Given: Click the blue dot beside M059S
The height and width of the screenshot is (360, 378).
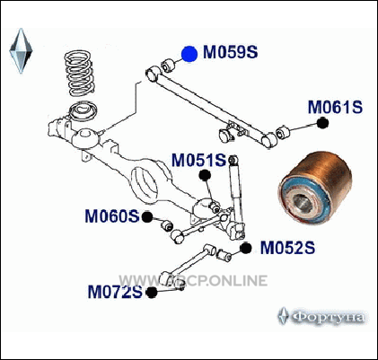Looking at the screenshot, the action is (x=189, y=54).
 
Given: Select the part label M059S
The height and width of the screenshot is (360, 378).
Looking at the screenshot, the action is (x=230, y=52).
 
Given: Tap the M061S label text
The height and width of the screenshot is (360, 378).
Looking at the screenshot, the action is (x=335, y=107).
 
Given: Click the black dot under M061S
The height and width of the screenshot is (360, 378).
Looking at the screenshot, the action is (x=322, y=123).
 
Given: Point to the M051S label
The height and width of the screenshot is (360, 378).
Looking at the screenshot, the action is (x=198, y=160).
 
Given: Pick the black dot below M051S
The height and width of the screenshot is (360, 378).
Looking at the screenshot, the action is (x=205, y=175).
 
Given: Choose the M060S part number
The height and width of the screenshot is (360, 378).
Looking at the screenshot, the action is (x=112, y=216).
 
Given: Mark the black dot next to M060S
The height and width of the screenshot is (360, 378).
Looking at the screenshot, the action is (x=147, y=217).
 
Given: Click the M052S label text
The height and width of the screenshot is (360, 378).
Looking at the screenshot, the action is (x=287, y=248).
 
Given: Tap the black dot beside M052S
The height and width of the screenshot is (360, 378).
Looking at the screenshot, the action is (x=245, y=248).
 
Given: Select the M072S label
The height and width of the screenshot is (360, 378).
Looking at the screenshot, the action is (x=115, y=292).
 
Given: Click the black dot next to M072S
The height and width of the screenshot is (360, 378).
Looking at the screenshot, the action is (x=152, y=293).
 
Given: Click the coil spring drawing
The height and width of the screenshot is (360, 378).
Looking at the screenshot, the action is (x=79, y=74).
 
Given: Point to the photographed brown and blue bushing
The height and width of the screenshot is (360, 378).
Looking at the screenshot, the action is (x=315, y=188).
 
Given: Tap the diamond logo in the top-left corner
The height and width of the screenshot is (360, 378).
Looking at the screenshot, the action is (x=21, y=50).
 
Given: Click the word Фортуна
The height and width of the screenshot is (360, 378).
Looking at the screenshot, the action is (x=329, y=317).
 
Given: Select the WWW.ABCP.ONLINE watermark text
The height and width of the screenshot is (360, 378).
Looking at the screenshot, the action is (x=193, y=281).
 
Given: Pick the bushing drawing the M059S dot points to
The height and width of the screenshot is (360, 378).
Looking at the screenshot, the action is (x=167, y=66).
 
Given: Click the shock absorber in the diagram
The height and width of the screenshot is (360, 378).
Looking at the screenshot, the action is (x=236, y=198).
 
